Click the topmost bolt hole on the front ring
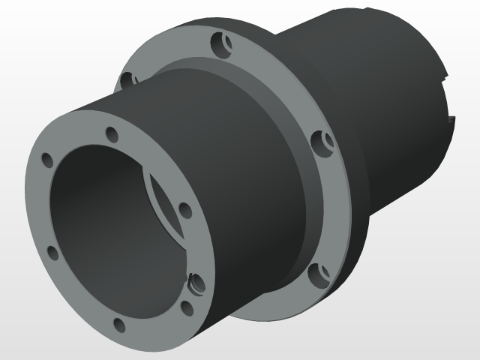(x=112, y=135)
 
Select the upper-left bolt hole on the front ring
(x=47, y=159)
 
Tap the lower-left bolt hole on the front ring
(x=52, y=253)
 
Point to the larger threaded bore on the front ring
(x=197, y=283)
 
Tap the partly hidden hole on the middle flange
(x=127, y=78)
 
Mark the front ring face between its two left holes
(x=39, y=206)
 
